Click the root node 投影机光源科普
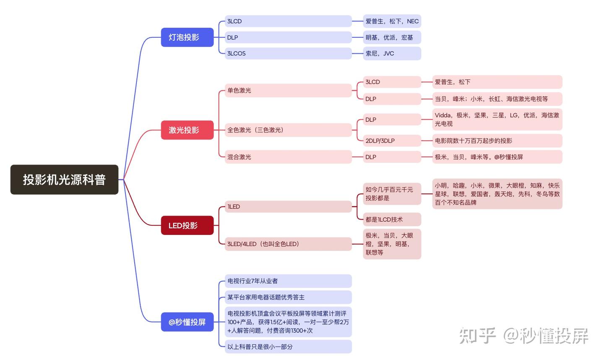pos(64,180)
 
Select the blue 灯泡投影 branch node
pos(187,37)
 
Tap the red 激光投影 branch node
pos(187,130)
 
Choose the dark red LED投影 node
pos(187,225)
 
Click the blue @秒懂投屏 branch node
pos(187,322)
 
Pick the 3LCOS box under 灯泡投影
pos(288,53)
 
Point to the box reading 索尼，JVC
pos(391,53)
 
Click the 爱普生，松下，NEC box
pos(391,21)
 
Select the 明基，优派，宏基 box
pos(391,37)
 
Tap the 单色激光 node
pos(288,90)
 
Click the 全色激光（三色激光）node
pos(288,130)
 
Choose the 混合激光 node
pos(288,157)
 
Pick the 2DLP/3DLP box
pos(391,141)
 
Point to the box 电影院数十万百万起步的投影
pos(497,141)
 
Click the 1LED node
pos(288,206)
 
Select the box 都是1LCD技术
pos(391,219)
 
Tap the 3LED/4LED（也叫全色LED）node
pos(288,244)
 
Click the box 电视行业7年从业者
pos(288,281)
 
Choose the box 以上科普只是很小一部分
pos(288,347)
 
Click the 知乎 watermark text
pos(478,336)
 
